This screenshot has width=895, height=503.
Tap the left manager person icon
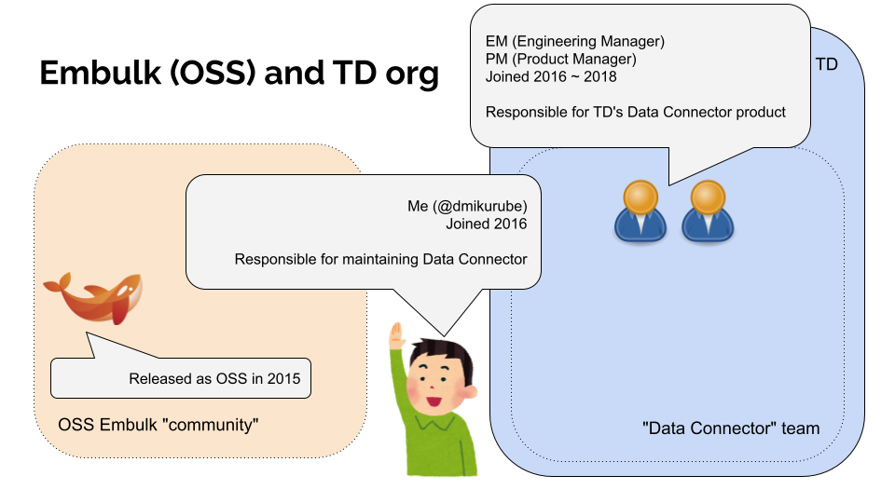tap(640, 211)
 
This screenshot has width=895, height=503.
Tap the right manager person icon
tap(707, 211)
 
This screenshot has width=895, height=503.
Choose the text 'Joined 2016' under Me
tap(486, 224)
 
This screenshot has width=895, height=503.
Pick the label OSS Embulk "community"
tap(158, 425)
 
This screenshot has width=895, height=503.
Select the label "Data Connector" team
tap(731, 428)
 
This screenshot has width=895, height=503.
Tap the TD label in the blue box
tap(826, 64)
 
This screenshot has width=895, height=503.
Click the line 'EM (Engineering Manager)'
tap(575, 42)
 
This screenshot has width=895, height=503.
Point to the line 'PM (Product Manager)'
tap(561, 60)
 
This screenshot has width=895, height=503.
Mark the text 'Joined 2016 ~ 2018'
tap(551, 77)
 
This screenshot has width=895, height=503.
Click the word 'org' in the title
tap(411, 73)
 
